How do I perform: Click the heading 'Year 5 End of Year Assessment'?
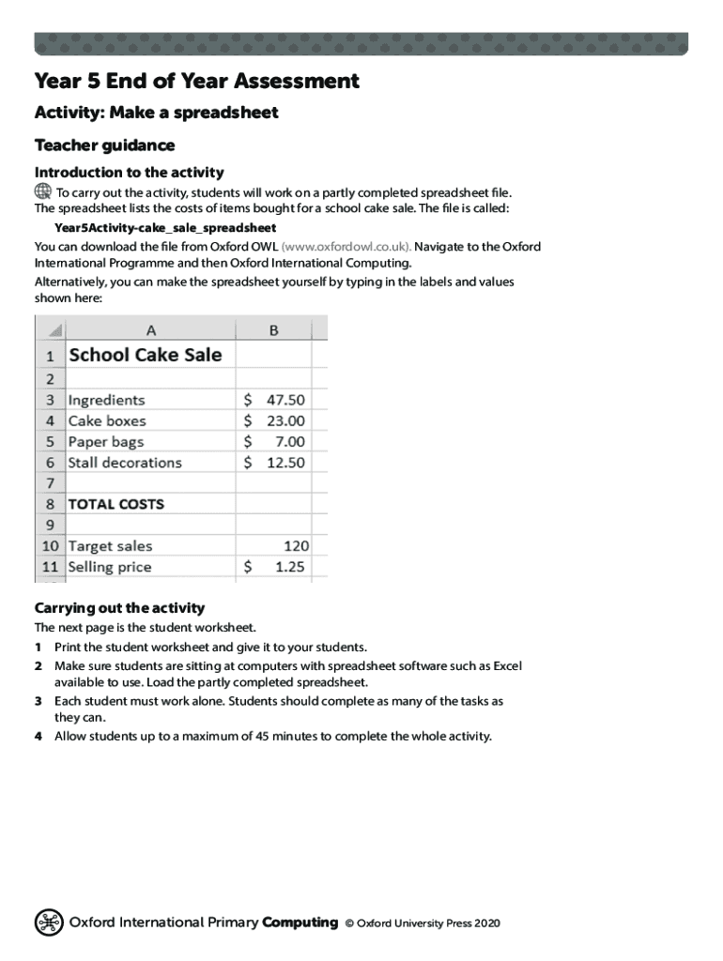coord(197,82)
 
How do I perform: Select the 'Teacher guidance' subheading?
coord(104,145)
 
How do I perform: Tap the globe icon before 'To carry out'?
coord(43,191)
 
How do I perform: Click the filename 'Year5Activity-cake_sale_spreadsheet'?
coord(165,228)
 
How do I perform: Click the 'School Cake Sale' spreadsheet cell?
coord(146,355)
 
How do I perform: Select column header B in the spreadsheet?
coord(273,329)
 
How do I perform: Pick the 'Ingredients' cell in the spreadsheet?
coord(107,400)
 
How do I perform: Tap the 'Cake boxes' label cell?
coord(107,420)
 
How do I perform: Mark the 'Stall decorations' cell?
coord(125,462)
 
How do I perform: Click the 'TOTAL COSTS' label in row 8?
coord(116,504)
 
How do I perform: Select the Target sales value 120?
coord(296,545)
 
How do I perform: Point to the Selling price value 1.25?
coord(290,567)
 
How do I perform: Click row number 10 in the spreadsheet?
coord(50,545)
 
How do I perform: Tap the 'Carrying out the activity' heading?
coord(119,607)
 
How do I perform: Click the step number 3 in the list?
coord(38,701)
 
